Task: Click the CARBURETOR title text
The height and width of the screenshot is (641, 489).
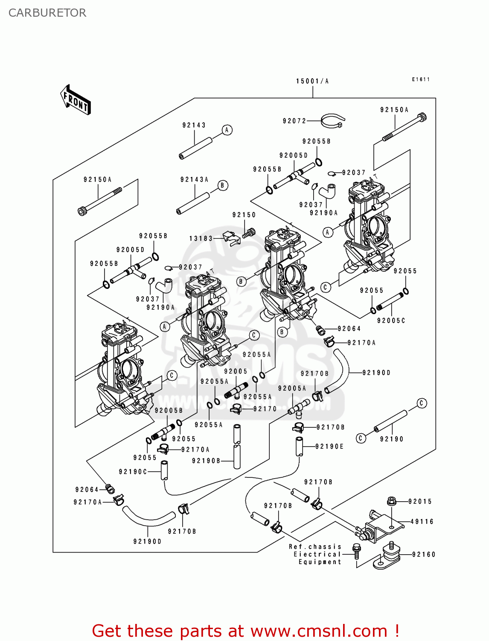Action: [47, 13]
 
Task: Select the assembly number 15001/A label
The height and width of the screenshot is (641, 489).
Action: [312, 81]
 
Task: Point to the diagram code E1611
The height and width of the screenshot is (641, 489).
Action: [421, 79]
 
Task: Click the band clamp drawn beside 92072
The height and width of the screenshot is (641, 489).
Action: [332, 121]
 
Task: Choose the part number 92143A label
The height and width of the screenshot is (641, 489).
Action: [194, 179]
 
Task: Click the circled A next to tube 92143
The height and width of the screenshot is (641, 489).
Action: [227, 130]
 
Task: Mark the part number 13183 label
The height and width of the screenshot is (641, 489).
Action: [201, 238]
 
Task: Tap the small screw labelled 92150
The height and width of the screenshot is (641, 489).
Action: [248, 233]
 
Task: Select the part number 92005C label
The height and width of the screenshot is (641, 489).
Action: [391, 320]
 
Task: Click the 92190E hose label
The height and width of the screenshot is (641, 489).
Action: [329, 447]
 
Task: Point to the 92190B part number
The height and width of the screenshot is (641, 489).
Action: [206, 461]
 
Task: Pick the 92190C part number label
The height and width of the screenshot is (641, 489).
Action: [133, 472]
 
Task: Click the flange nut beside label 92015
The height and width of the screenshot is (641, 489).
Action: [392, 501]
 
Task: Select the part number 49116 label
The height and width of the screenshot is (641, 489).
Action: [422, 521]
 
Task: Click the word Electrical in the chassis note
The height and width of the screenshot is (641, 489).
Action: [317, 554]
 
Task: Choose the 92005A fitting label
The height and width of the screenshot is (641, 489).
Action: [292, 388]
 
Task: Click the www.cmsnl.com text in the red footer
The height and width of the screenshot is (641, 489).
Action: [318, 631]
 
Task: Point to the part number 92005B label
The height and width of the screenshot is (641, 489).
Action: [169, 411]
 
